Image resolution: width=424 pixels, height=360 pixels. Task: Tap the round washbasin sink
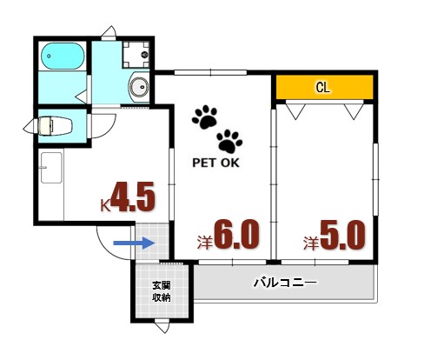pos(137,87)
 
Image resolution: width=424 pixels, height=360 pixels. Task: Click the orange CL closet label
pos(323,88)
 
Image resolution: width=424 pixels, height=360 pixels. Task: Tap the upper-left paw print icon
pos(206,117)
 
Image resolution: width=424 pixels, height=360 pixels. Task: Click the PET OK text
pos(215,161)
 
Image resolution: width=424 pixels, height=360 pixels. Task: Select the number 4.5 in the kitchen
pos(133,197)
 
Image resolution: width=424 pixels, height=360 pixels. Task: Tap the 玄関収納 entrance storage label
pos(162,291)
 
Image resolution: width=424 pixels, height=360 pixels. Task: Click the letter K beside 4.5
pos(105,204)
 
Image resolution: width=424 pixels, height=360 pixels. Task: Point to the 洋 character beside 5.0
pos(309,241)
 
